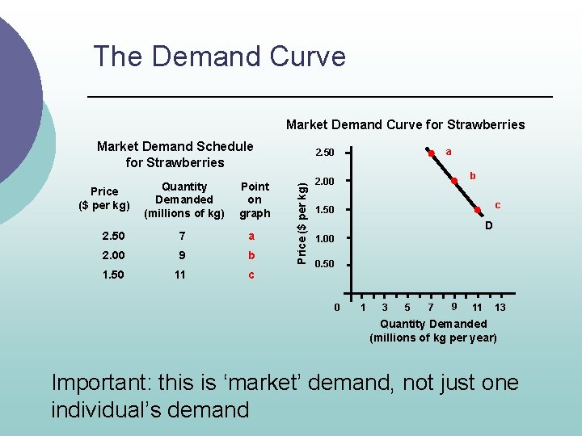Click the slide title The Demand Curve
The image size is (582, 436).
tap(219, 57)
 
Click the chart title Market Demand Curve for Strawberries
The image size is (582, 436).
tap(405, 124)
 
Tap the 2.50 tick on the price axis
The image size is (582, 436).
tap(323, 153)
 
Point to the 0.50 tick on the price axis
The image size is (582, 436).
tap(323, 264)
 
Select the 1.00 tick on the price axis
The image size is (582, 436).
tap(323, 238)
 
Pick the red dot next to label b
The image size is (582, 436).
tap(455, 179)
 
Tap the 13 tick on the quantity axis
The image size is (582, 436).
tap(500, 308)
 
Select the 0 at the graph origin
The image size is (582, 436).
tap(336, 308)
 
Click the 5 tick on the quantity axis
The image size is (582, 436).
tap(407, 308)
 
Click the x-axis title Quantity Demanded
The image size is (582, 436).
tap(434, 324)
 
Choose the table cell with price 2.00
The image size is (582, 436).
tap(114, 255)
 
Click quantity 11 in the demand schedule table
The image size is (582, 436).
tap(179, 275)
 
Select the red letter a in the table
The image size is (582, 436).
tap(251, 236)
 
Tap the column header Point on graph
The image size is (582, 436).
tap(255, 199)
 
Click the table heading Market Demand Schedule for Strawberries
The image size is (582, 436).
tap(175, 154)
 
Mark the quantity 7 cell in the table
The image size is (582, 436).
tap(183, 236)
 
